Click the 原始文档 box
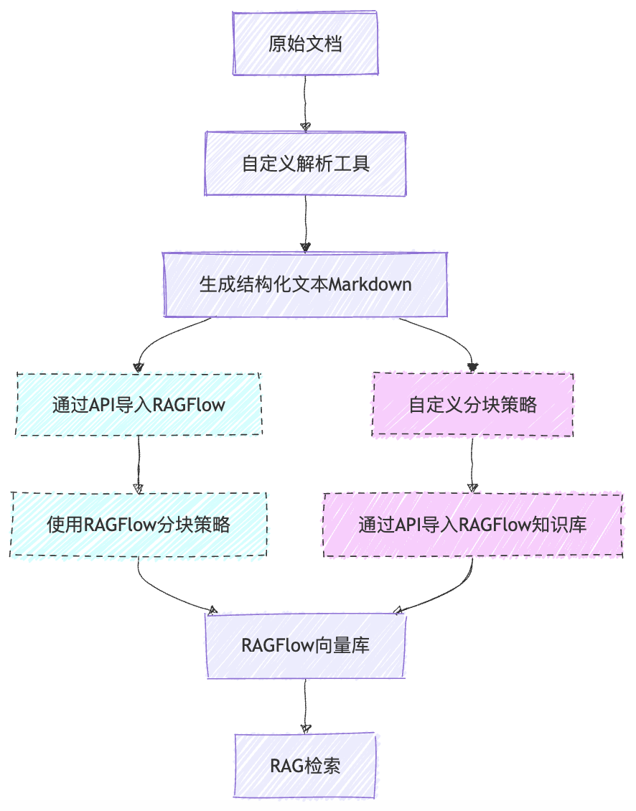coord(305,44)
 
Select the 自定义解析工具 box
coord(306,164)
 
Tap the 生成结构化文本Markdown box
coord(305,284)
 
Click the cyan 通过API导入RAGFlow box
coord(139,405)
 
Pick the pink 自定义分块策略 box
coord(472,405)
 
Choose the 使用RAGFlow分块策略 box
coord(139,525)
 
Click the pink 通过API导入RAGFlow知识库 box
coord(472,525)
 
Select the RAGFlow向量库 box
coord(306,645)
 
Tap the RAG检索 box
coord(305,765)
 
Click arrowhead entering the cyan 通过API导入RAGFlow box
coord(139,367)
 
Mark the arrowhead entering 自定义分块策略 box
coord(472,367)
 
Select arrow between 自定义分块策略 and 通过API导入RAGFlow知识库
coord(472,464)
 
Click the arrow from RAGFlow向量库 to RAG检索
coord(305,703)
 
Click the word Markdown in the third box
coord(370,284)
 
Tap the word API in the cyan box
coord(103,405)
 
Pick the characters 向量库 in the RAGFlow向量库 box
coord(342,645)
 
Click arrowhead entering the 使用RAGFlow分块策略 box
coord(139,488)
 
